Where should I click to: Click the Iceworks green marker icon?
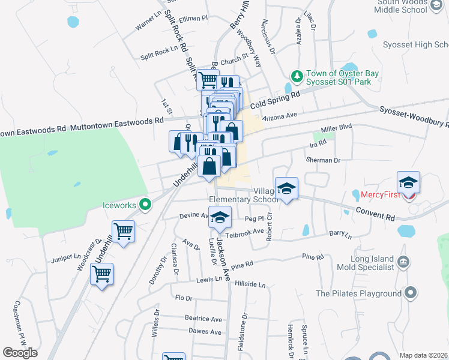tap(144, 205)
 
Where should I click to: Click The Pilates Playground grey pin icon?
tap(411, 293)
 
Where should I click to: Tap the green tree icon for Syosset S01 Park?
tap(296, 76)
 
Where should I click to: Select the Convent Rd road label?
tap(374, 212)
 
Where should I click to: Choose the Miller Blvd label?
tap(336, 128)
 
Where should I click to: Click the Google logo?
tap(20, 353)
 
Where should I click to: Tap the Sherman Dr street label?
tap(323, 160)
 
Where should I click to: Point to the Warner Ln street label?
tap(149, 25)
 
